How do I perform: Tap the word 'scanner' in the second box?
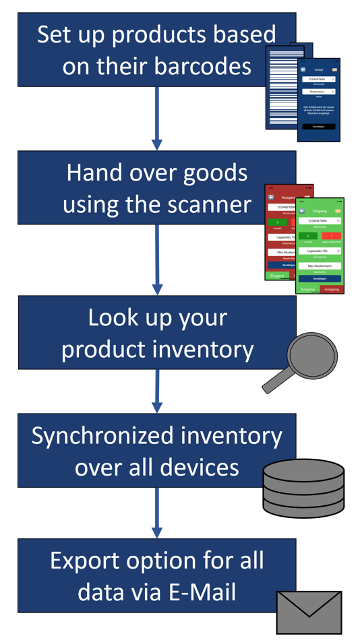click(206, 203)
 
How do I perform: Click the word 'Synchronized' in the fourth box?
click(107, 436)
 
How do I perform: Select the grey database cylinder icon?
click(303, 479)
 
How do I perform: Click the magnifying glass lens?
click(312, 355)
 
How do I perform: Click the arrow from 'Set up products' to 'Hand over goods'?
click(157, 119)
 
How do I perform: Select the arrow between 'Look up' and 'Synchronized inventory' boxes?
click(157, 391)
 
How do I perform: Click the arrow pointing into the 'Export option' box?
click(157, 512)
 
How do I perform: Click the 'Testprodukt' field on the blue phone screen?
click(318, 92)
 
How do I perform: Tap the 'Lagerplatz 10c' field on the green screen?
click(319, 251)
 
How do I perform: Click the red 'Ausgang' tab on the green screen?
click(332, 289)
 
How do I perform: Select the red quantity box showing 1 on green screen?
click(331, 236)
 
